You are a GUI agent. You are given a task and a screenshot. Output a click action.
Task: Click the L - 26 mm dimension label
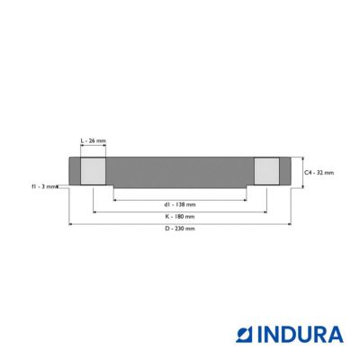[94, 140]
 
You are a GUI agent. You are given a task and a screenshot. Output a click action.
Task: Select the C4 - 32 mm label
[319, 173]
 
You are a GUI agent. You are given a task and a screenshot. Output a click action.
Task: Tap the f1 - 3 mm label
[44, 186]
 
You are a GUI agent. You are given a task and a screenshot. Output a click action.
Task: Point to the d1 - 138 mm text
[180, 204]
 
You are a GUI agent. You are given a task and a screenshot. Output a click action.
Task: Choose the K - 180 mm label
[180, 217]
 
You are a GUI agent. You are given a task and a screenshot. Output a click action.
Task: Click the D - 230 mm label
[180, 229]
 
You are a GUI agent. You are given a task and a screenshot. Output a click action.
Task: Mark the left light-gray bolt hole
[93, 171]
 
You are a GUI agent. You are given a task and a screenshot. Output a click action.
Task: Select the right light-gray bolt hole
[266, 171]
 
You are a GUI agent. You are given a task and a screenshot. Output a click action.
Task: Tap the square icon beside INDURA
[246, 335]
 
